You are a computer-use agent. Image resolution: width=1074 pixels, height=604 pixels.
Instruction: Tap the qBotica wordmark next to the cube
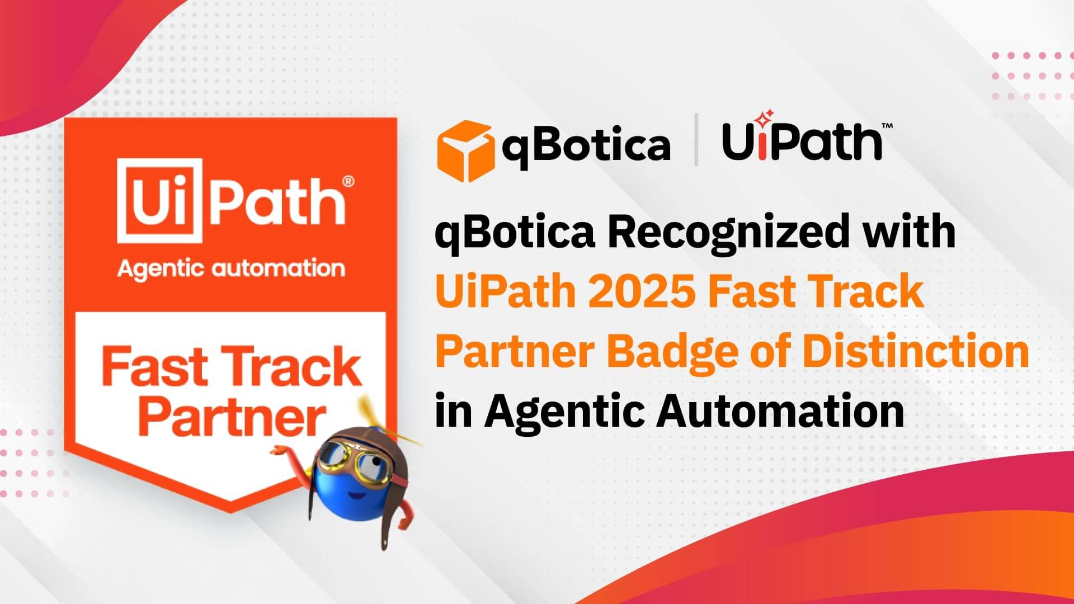[x=586, y=145]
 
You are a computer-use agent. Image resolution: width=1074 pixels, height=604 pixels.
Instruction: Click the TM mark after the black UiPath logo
[x=887, y=127]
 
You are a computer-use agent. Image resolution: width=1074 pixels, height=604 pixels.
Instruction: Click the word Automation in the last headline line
[x=780, y=411]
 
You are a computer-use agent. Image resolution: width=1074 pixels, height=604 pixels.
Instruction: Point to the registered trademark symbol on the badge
[x=347, y=181]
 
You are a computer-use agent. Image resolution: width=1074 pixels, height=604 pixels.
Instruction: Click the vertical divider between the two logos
[x=696, y=140]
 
